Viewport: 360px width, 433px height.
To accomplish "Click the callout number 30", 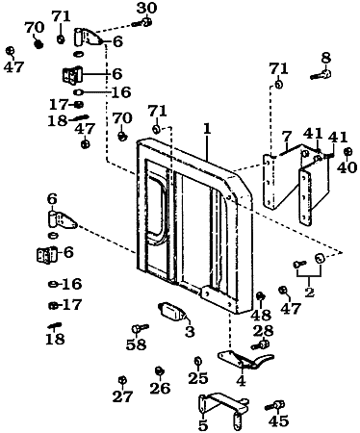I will [x=146, y=8].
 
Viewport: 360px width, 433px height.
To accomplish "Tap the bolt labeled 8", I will [x=321, y=73].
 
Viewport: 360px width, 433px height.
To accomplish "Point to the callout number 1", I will [x=206, y=127].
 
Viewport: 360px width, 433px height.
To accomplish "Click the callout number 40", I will [x=346, y=166].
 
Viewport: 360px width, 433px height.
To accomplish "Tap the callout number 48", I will [x=260, y=315].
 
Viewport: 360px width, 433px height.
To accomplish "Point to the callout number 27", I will [x=121, y=395].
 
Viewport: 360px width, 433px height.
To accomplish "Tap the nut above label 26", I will [x=159, y=370].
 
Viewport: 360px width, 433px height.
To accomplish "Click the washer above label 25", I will [x=197, y=361].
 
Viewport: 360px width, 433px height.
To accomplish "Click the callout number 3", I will [x=189, y=332].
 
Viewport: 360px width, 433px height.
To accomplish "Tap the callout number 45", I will [x=279, y=420].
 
